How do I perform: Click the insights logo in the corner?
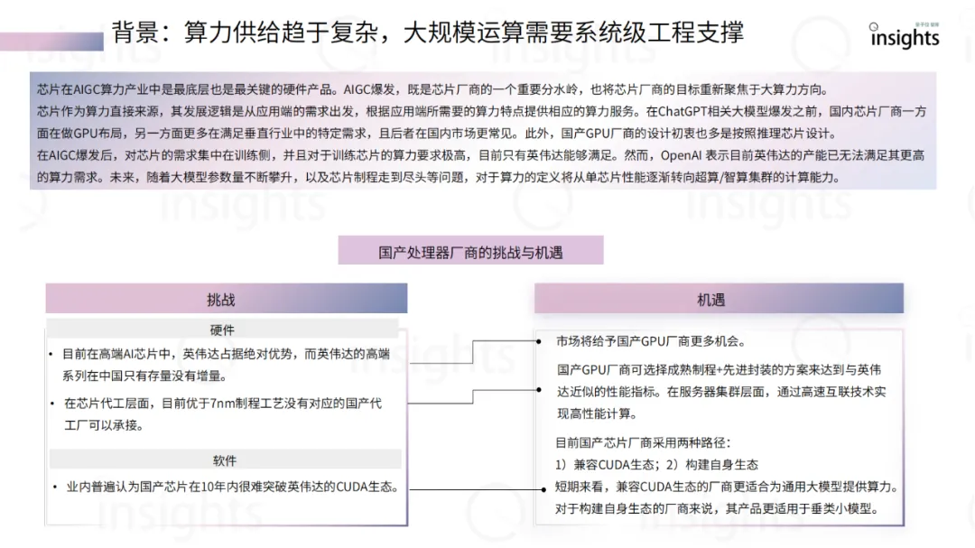(x=904, y=37)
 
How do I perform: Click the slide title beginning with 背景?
(x=428, y=33)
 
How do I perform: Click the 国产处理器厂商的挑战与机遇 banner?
(x=470, y=252)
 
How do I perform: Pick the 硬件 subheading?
(x=222, y=330)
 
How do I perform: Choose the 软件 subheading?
(x=225, y=460)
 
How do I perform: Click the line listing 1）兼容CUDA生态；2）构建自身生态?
(x=657, y=465)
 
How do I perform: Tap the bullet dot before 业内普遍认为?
(x=53, y=488)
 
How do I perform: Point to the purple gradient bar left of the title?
(x=51, y=42)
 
